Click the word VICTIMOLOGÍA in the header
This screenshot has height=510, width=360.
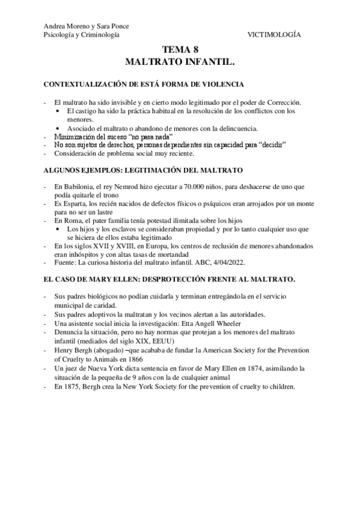274,35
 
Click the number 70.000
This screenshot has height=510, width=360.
206,182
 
